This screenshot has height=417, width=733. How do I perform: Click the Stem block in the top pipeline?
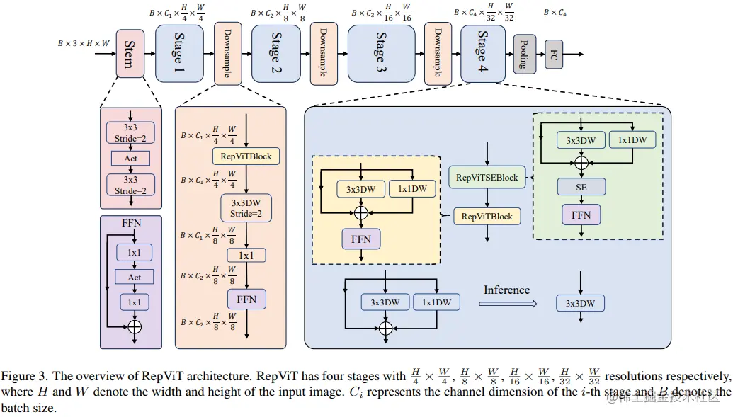[x=130, y=55]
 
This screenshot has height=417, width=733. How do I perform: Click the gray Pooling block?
[x=524, y=55]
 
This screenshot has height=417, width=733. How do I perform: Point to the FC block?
[x=554, y=55]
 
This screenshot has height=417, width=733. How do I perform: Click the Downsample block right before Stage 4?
[x=438, y=53]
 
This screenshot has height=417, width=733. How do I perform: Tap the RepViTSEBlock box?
[x=487, y=177]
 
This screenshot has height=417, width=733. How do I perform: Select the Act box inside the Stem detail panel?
[x=131, y=158]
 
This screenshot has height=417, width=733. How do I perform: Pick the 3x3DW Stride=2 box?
[x=245, y=208]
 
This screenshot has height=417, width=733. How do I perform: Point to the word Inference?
[x=506, y=290]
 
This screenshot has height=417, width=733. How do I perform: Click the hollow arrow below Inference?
[x=507, y=304]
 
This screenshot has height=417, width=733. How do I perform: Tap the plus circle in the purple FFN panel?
[x=133, y=326]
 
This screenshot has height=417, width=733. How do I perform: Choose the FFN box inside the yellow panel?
[x=361, y=239]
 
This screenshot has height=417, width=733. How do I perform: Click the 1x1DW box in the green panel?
[x=632, y=140]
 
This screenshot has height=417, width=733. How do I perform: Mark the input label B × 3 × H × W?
[x=84, y=43]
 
